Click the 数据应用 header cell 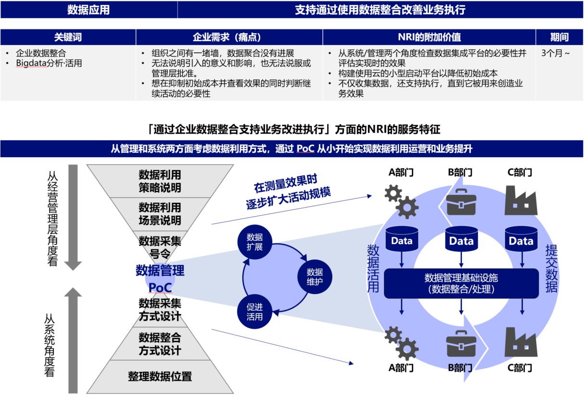(89, 10)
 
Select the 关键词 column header (68, 37)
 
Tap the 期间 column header (559, 37)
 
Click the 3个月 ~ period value (556, 53)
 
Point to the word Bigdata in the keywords (29, 63)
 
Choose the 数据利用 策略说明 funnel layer (160, 181)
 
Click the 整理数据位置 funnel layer (160, 376)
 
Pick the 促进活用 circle (254, 311)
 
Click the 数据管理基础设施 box (461, 284)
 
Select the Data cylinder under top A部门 (402, 240)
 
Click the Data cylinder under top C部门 (521, 240)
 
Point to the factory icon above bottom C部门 (521, 343)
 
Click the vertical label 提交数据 (551, 269)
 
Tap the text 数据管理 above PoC (160, 270)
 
